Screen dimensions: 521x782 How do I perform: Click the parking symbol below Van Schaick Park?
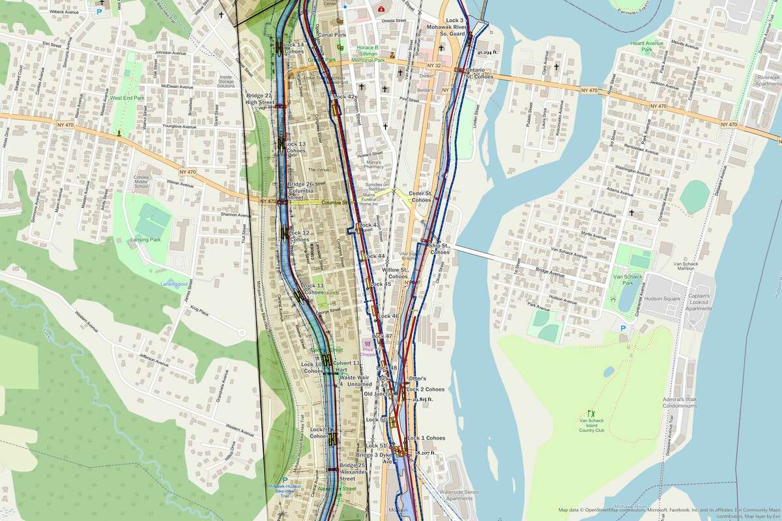[x=622, y=329]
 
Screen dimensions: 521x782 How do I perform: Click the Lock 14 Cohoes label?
[x=295, y=47]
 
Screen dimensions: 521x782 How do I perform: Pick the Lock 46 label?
[x=388, y=316]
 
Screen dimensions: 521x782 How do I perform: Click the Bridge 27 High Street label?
[x=259, y=98]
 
